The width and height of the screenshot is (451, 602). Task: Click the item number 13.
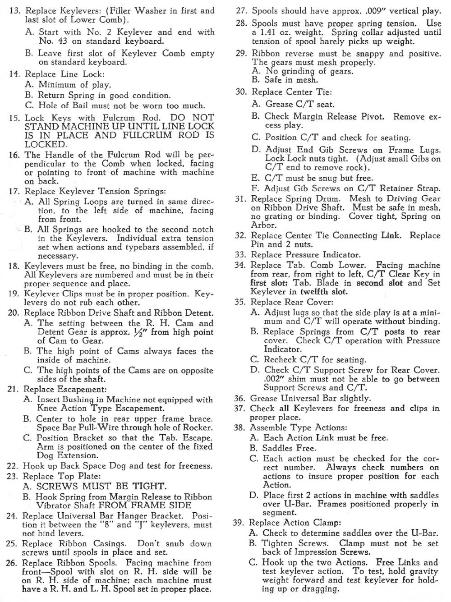[15, 11]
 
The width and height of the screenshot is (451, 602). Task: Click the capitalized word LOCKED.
[46, 145]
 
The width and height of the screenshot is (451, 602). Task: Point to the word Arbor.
[263, 225]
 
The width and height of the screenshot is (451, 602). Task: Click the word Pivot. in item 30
[372, 116]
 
